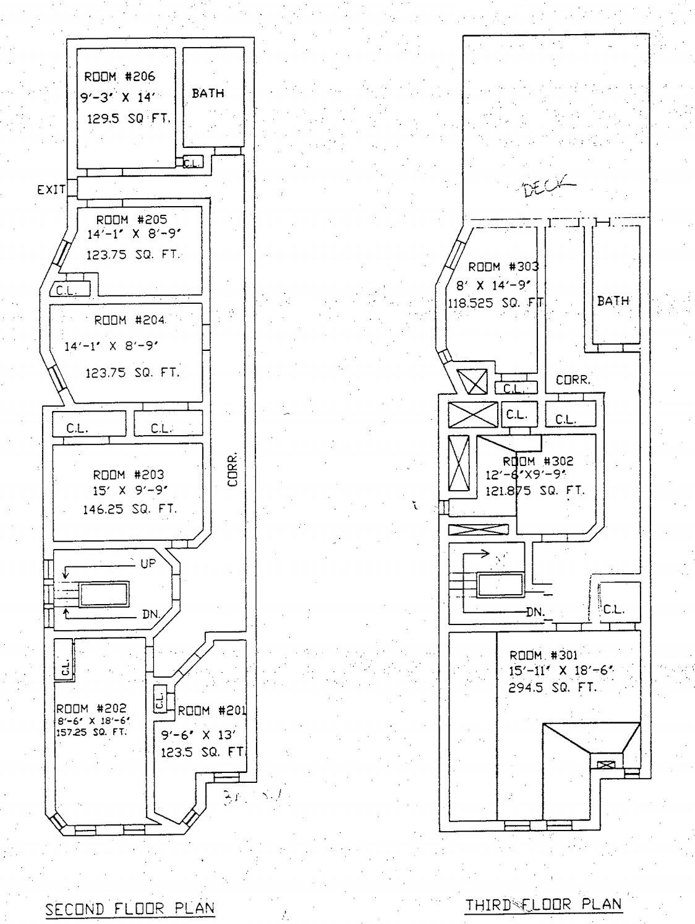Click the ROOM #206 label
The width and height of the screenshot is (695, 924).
119,77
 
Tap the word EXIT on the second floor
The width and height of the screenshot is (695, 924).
51,190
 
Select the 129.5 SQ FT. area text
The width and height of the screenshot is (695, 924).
128,119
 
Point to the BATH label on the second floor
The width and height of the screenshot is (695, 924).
208,93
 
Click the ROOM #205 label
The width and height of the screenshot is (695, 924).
131,220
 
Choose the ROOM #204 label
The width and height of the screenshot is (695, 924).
130,321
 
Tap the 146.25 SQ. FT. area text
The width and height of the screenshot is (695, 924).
129,509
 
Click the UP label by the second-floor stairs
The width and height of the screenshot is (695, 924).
148,563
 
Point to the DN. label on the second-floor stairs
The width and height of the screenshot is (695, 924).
151,615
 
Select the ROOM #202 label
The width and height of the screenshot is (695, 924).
92,709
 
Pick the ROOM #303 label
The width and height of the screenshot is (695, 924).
503,267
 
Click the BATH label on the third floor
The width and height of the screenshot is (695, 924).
613,301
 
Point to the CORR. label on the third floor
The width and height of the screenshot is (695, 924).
573,381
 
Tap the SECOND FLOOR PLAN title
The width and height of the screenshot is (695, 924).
130,909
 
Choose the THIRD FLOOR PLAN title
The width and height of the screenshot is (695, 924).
544,904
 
